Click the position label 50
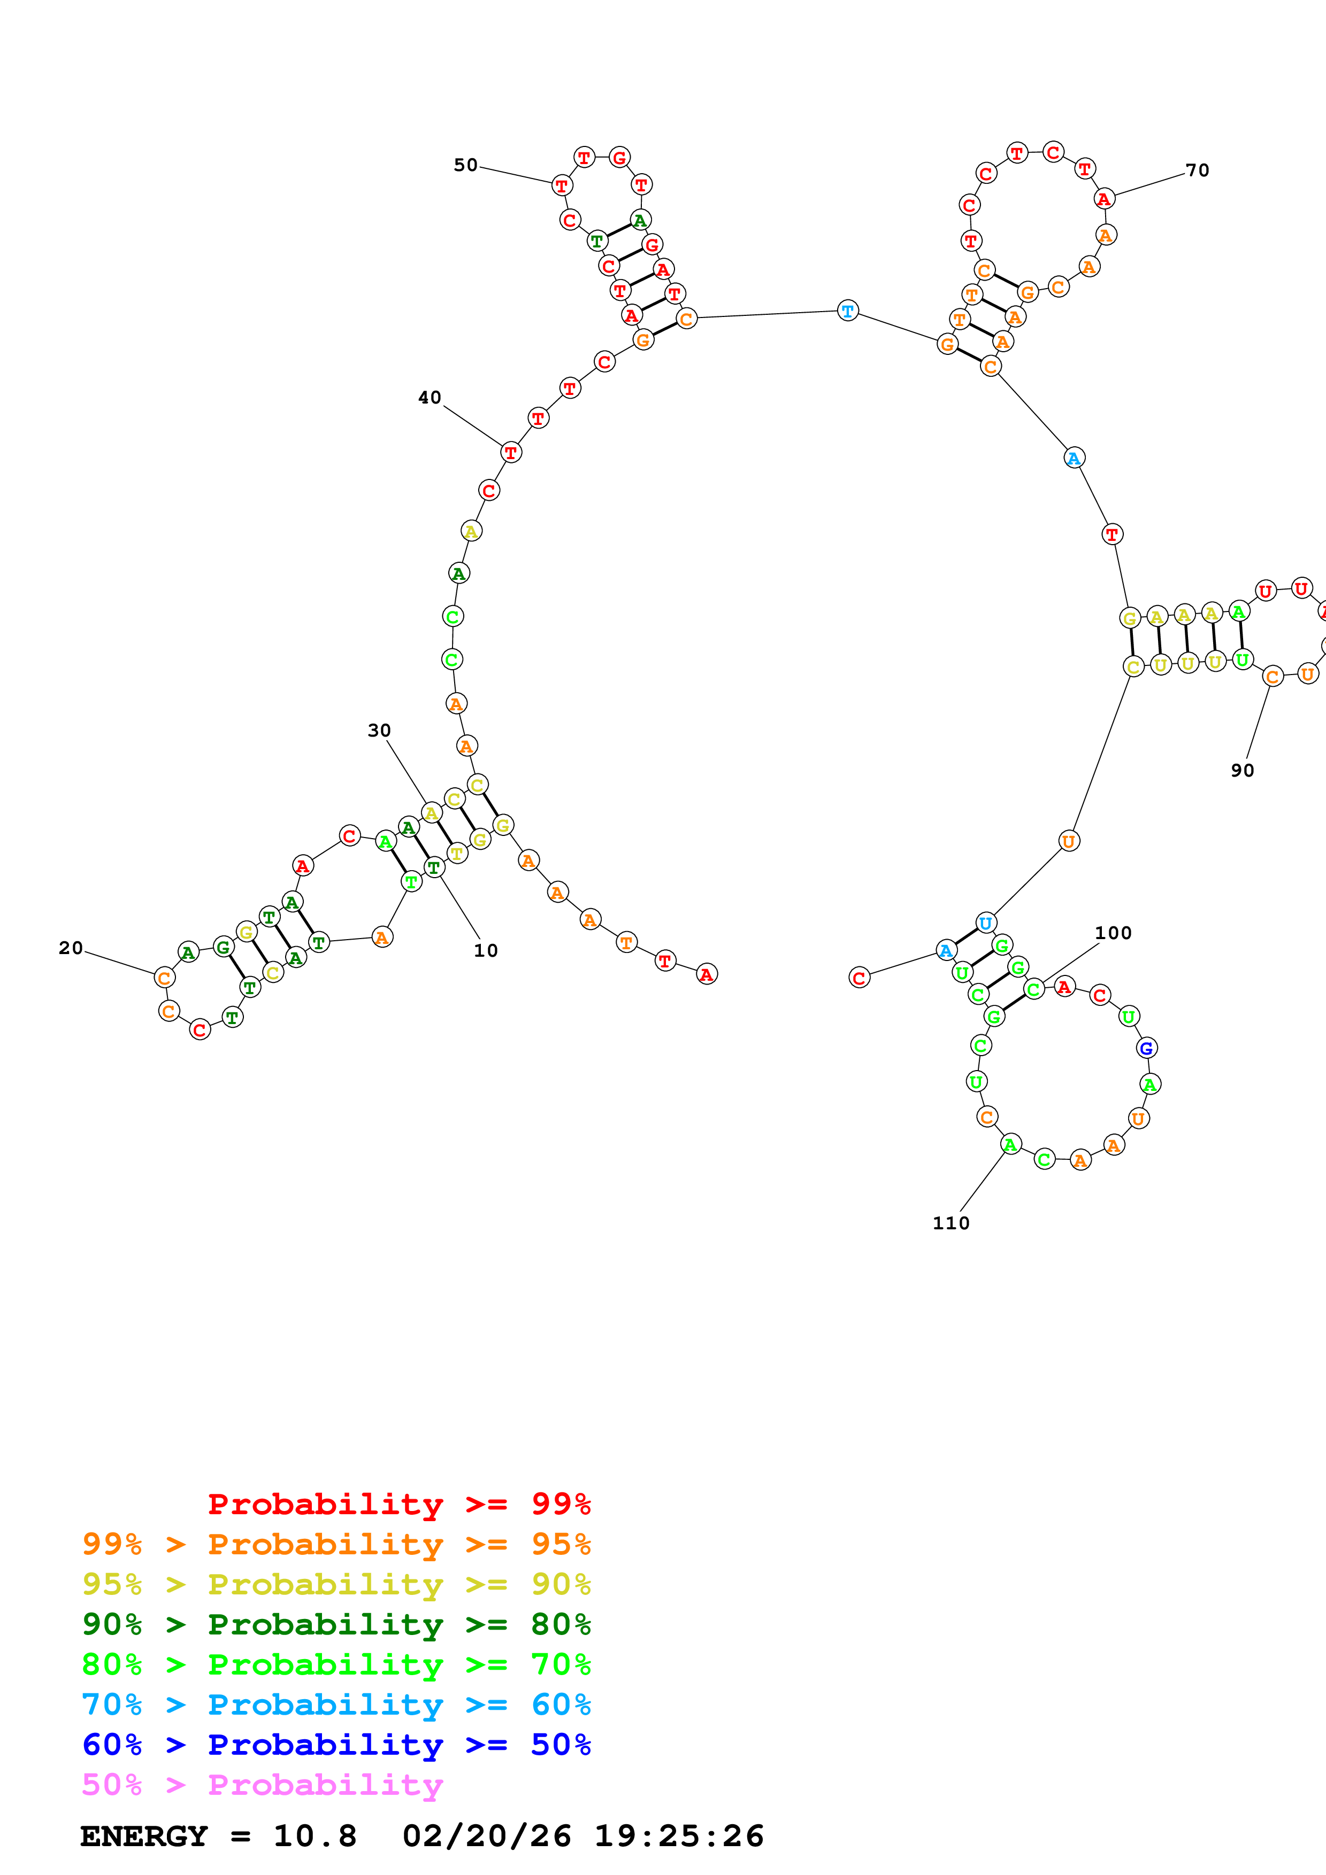tap(466, 165)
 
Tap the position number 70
tap(1197, 170)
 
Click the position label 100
tap(1113, 933)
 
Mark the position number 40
tap(430, 398)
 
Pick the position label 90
tap(1242, 770)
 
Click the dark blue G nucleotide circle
tap(1146, 1048)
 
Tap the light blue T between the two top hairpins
tap(848, 311)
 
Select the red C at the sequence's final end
tap(859, 978)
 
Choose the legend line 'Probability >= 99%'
tap(398, 1504)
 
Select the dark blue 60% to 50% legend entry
tap(336, 1745)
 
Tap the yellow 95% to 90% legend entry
tap(336, 1584)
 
